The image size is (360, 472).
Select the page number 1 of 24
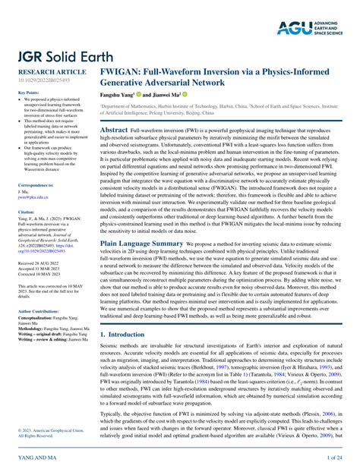(x=333, y=459)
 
